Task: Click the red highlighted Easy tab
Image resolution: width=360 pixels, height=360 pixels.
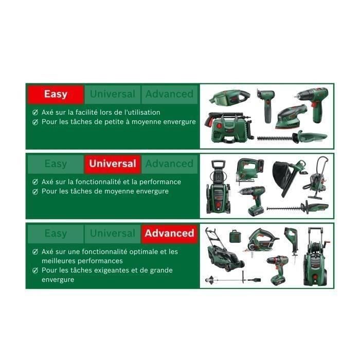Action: click(x=56, y=94)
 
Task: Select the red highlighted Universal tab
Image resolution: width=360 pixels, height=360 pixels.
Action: click(x=113, y=164)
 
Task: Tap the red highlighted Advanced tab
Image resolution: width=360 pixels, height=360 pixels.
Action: click(x=169, y=233)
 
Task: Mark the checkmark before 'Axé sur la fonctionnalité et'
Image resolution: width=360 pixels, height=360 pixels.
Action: click(x=35, y=182)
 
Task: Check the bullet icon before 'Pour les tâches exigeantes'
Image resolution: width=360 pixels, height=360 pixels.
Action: click(x=35, y=270)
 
